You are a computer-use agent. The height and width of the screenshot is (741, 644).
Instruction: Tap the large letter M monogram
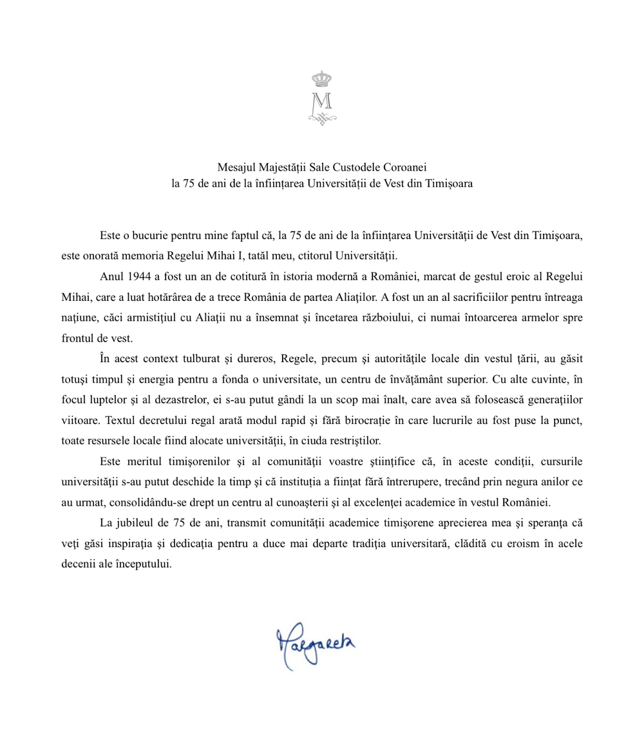pos(321,101)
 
